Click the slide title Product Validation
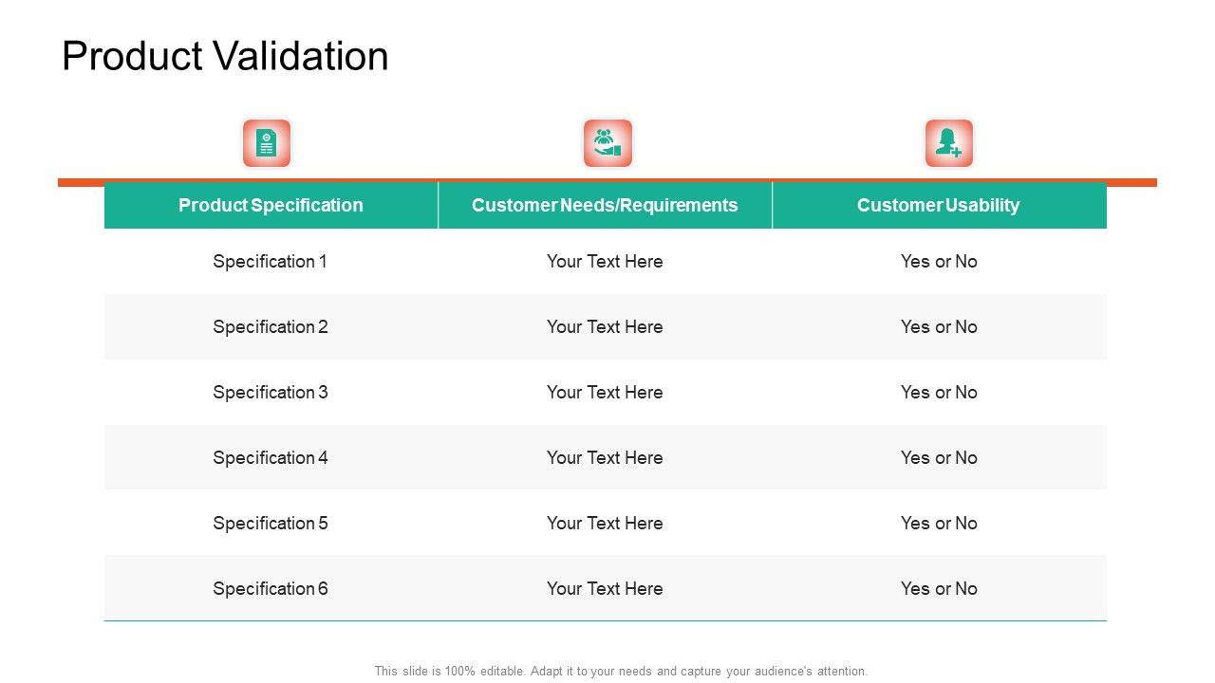pos(225,57)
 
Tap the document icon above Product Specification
pos(267,143)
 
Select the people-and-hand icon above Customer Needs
pos(607,143)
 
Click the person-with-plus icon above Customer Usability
pos(949,143)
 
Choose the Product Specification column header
pos(271,205)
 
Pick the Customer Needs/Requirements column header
pos(605,205)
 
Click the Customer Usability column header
pos(938,205)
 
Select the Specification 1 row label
pos(271,261)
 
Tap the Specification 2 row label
pos(271,326)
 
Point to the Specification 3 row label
pos(271,392)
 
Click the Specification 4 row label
pos(271,457)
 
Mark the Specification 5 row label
pos(271,523)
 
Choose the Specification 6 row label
pos(271,588)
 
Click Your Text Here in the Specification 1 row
pos(605,261)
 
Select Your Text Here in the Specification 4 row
pos(605,457)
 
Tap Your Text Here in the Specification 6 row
pos(605,588)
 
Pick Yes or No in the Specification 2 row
pos(939,326)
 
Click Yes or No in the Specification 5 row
pos(939,523)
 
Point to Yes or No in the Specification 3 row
pos(939,392)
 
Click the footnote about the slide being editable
pos(621,671)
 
